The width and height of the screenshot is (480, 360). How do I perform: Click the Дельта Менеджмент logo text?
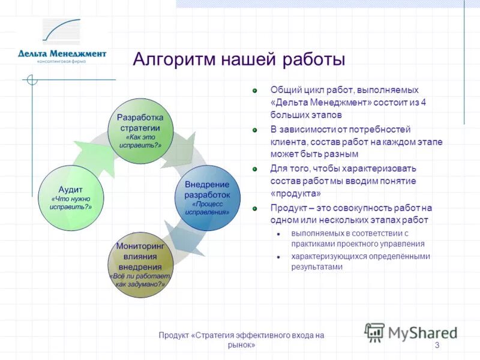pos(62,53)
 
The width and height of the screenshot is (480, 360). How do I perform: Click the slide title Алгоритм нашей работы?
pos(238,60)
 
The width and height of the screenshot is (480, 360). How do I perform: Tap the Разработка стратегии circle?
pos(140,130)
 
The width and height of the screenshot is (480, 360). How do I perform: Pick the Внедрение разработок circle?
pos(207,198)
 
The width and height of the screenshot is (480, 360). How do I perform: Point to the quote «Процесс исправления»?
pos(207,208)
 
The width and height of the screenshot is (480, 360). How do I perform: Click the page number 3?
pos(437,345)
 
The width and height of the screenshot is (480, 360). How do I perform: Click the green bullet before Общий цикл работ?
pos(254,90)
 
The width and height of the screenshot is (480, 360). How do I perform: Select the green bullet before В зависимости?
pos(254,130)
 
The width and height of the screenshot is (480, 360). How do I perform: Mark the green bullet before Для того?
pos(254,169)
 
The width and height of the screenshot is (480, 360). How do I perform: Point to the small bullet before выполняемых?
pos(278,234)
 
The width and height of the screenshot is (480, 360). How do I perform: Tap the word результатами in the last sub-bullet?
pos(317,267)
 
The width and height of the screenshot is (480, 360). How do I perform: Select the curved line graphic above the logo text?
pos(61,32)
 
